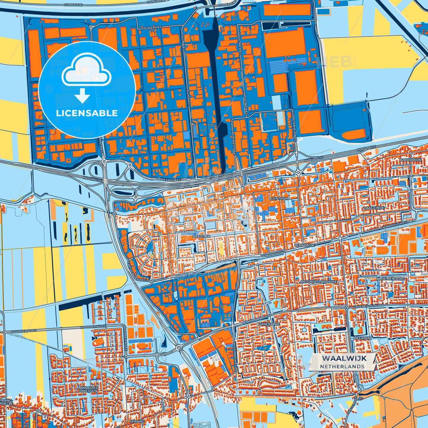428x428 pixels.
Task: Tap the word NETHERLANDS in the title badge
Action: pos(342,366)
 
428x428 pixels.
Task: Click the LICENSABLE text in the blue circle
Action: pos(87,113)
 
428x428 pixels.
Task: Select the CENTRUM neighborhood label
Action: pos(279,198)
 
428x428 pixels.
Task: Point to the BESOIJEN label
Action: pos(201,236)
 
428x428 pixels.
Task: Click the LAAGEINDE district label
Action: pos(374,208)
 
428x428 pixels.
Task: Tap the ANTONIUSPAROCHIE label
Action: pos(318,282)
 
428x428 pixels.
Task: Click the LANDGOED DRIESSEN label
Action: pos(88,389)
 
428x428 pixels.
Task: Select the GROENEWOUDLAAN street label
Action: pos(368,305)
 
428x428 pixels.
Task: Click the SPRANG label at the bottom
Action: pos(137,421)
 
